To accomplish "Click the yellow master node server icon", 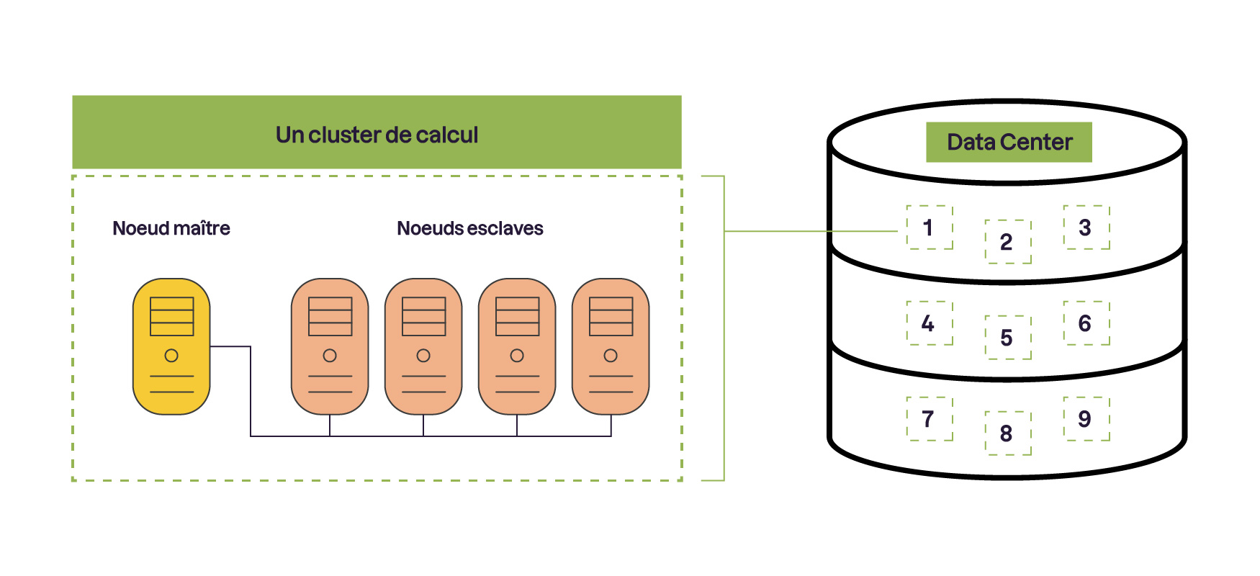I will (x=171, y=346).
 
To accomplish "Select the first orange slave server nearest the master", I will (x=330, y=346).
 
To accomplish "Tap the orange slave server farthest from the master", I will (x=611, y=346).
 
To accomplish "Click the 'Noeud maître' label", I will (x=171, y=228).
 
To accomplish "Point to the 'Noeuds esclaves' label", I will (x=470, y=228).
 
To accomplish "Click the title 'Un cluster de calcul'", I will (x=377, y=135).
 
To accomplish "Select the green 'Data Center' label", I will (x=1009, y=142).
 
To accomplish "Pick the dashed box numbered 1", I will (x=929, y=228).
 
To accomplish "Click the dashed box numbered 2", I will (x=1007, y=242).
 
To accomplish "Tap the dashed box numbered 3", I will (x=1086, y=228).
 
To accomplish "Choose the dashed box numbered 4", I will (x=929, y=323).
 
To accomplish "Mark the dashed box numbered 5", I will (x=1007, y=338).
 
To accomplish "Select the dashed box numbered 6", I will (x=1086, y=323).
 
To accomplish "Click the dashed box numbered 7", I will (x=929, y=419).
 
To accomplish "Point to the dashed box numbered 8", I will (x=1007, y=433).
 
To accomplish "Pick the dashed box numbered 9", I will (x=1086, y=419).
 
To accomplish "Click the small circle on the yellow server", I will (x=171, y=356).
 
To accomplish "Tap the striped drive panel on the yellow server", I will (x=171, y=317).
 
